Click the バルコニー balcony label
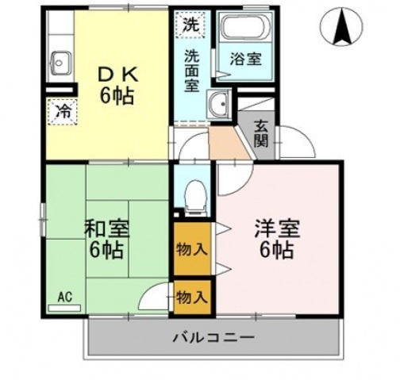point(213,337)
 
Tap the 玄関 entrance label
point(262,135)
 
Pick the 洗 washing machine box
point(190,25)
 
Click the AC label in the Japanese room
point(64,297)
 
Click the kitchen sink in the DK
point(61,60)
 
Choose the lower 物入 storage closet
point(191,297)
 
